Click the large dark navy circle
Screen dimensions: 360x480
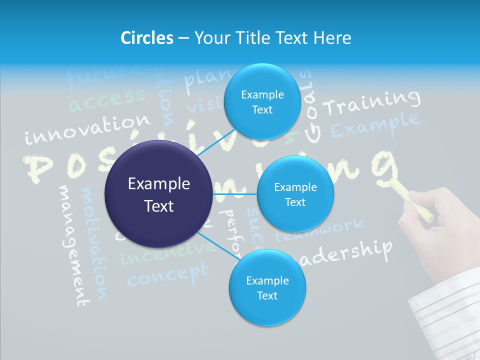(x=159, y=194)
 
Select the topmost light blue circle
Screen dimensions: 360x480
(x=262, y=102)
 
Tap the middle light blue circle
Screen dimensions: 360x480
(x=295, y=194)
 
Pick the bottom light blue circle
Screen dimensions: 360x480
(x=267, y=288)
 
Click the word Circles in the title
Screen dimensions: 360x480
(x=146, y=38)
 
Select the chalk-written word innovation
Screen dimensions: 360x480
(x=87, y=129)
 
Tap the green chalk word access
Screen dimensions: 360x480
(x=107, y=99)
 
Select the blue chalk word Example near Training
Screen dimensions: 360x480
(x=375, y=125)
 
